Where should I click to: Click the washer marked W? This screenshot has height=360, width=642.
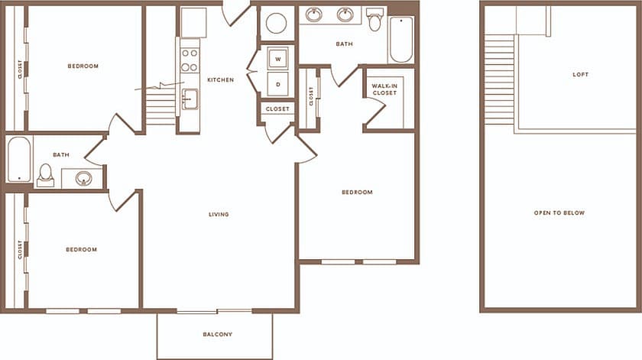[x=277, y=59]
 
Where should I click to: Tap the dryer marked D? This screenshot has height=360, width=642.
[x=277, y=84]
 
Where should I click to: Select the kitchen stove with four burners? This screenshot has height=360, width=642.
[x=190, y=60]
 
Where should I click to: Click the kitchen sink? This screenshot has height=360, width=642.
[x=190, y=99]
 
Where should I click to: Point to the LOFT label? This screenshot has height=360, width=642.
[x=581, y=74]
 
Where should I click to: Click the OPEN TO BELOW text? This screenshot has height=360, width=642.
[x=559, y=212]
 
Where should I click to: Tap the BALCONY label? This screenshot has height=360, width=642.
[x=217, y=335]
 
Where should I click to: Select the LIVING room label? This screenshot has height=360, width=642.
[x=219, y=214]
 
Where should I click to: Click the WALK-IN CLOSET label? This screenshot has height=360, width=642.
[x=384, y=90]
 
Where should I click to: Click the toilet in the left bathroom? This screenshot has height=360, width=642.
[x=46, y=175]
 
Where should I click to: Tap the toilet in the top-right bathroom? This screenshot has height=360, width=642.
[x=374, y=20]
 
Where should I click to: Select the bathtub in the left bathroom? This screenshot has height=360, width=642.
[x=19, y=160]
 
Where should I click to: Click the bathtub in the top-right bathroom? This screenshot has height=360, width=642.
[x=401, y=39]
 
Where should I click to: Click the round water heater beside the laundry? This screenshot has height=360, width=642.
[x=276, y=23]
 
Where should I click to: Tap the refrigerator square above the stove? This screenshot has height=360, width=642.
[x=193, y=23]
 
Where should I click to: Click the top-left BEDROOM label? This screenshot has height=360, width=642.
[x=83, y=66]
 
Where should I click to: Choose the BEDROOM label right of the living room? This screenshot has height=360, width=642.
[x=357, y=193]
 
